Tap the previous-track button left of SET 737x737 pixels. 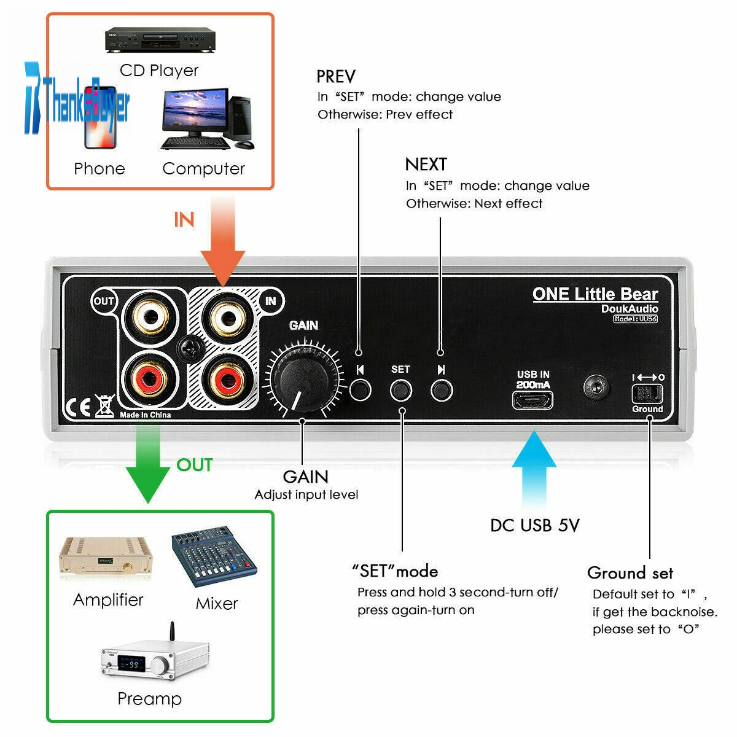coord(360,389)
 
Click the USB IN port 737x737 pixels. coord(532,400)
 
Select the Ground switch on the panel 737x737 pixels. coord(647,393)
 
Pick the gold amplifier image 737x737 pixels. coord(106,556)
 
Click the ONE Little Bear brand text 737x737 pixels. coord(595,294)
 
